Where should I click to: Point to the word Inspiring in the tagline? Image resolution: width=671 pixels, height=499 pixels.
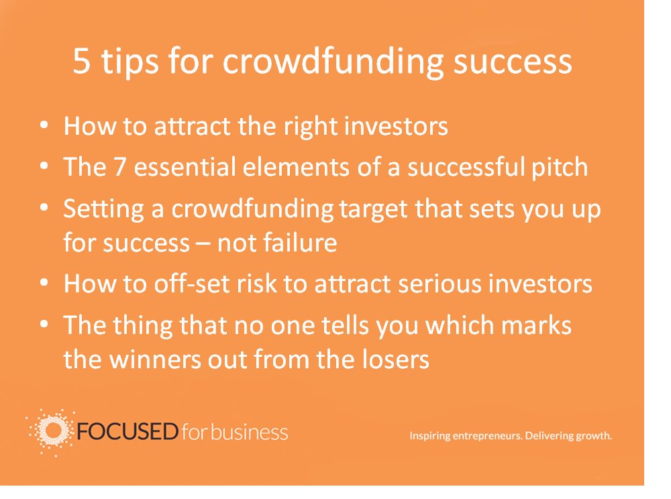point(431,436)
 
